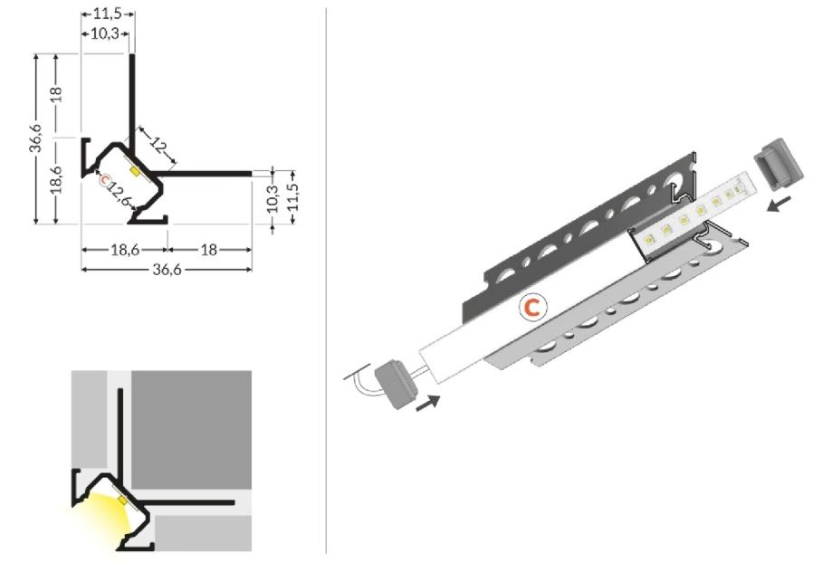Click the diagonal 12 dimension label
158,145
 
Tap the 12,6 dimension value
120,192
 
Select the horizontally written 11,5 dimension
108,14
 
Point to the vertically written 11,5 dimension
293,196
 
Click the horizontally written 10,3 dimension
104,34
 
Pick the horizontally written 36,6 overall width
167,270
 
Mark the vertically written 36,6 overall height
35,138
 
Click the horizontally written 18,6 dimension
125,250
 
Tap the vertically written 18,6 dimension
57,180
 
